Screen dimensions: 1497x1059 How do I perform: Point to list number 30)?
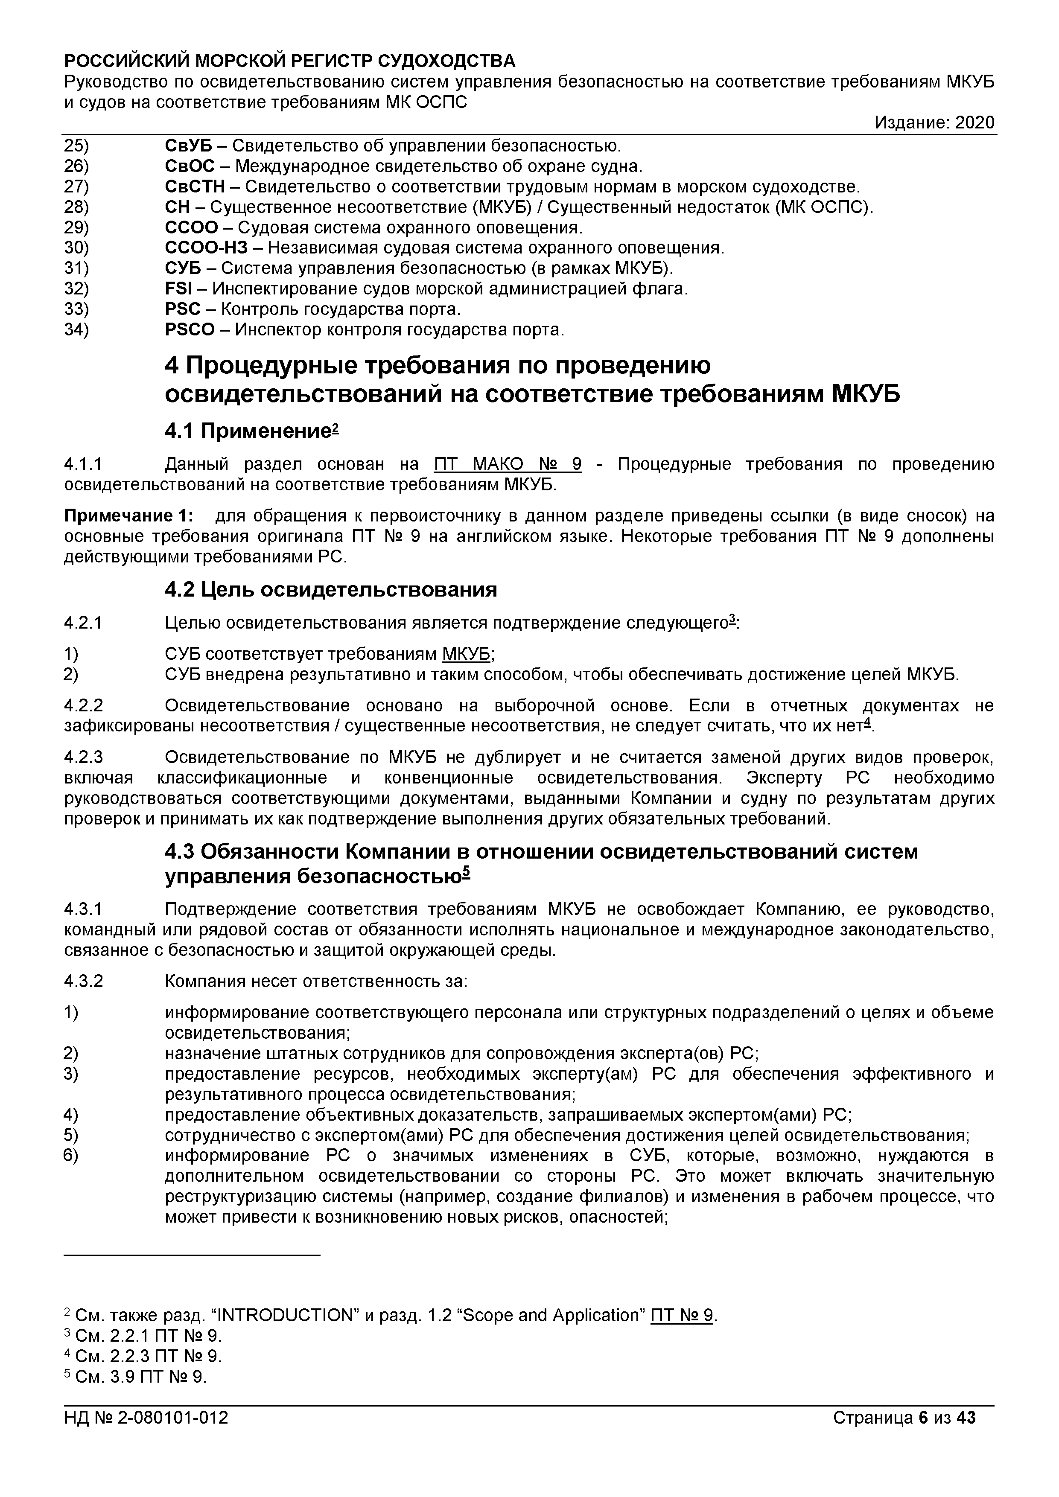[x=76, y=248]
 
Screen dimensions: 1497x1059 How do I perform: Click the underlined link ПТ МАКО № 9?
[x=508, y=464]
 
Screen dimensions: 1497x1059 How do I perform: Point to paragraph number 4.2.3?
[x=84, y=757]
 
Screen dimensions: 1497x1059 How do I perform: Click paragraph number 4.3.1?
[x=84, y=909]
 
